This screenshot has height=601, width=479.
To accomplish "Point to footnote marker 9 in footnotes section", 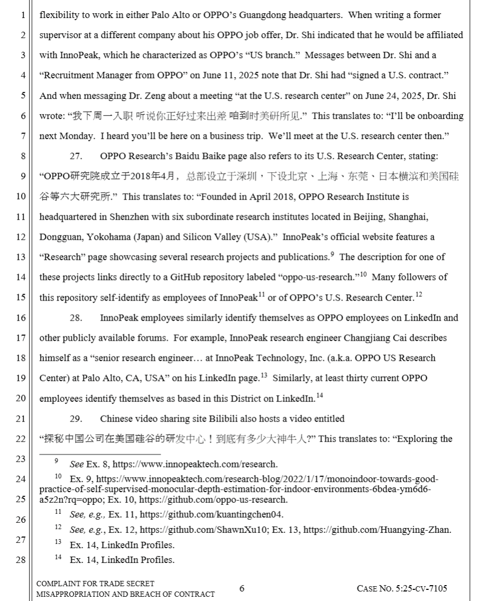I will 57,461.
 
